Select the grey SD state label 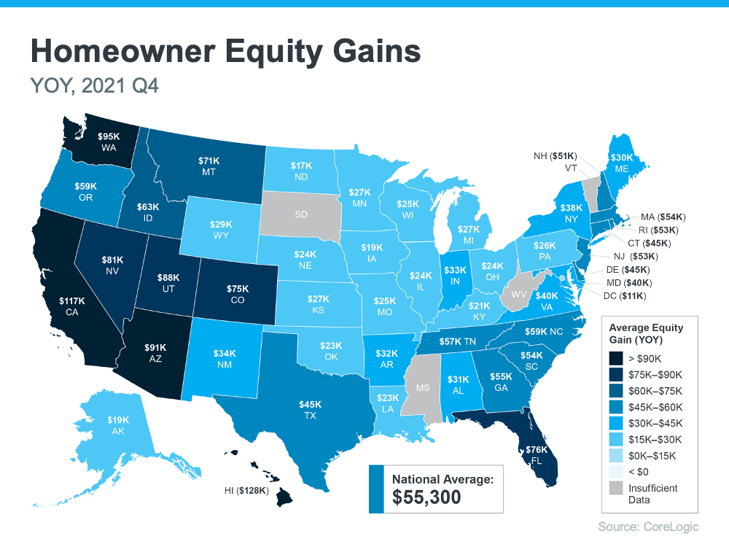[300, 215]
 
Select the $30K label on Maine [622, 157]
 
